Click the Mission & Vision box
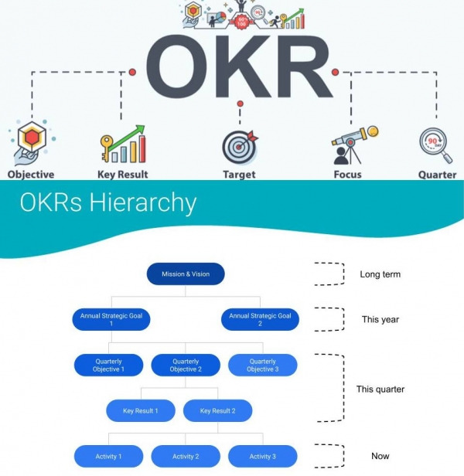[x=185, y=274]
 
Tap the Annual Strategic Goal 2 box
[x=260, y=319]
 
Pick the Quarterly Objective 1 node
[x=108, y=365]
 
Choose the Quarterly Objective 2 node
[x=185, y=365]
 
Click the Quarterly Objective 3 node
[x=262, y=365]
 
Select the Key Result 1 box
[x=140, y=410]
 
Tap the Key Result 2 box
[x=217, y=410]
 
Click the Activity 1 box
[x=108, y=456]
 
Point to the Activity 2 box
[x=185, y=456]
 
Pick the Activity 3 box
[x=262, y=456]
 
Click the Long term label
[x=380, y=274]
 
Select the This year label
[x=380, y=319]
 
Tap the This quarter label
[x=381, y=389]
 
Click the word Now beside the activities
[x=380, y=456]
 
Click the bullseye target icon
[x=239, y=146]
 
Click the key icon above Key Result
[x=109, y=147]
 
